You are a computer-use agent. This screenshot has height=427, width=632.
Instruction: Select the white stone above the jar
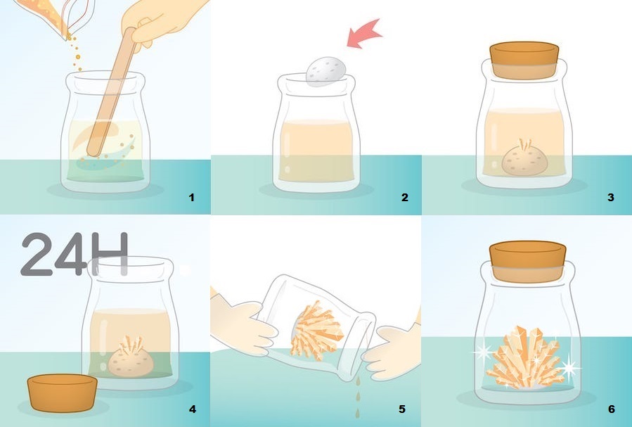pos(326,71)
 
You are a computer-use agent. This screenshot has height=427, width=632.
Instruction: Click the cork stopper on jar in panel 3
pos(524,60)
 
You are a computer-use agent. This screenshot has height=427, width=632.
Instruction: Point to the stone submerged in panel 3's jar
pos(524,159)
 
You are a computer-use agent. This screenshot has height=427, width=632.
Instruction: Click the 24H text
pos(75,254)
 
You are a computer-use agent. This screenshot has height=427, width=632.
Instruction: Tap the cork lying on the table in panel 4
pos(63,393)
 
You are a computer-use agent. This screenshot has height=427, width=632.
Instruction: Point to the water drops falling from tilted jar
pos(358,397)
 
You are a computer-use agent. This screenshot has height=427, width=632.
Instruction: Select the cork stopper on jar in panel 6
pos(528,261)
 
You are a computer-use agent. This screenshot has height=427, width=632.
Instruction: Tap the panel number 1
pos(191,198)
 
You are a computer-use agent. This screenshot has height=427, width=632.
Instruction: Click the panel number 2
pos(405,198)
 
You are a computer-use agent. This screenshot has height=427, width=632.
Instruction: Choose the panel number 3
pos(611,198)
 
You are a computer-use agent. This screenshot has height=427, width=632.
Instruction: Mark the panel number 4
pos(192,409)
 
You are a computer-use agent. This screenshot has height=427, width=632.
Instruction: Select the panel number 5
pos(402,409)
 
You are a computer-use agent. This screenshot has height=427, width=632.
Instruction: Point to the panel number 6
pos(612,409)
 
